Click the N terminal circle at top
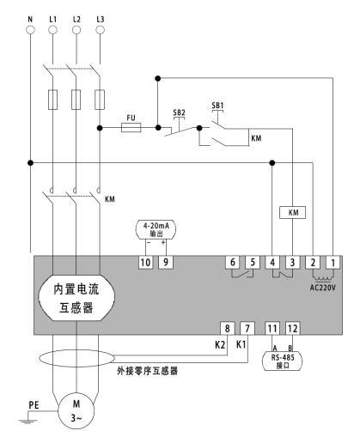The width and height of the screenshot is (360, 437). pyautogui.click(x=30, y=30)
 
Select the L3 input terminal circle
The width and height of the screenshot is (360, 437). pyautogui.click(x=100, y=30)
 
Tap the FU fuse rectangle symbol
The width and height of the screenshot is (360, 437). pyautogui.click(x=131, y=128)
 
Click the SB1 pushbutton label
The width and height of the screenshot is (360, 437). pyautogui.click(x=217, y=106)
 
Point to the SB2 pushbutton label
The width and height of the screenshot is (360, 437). pyautogui.click(x=179, y=112)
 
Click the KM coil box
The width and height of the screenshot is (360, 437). pyautogui.click(x=292, y=212)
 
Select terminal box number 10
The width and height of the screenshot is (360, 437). pyautogui.click(x=145, y=262)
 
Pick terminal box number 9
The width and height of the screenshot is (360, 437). pyautogui.click(x=166, y=262)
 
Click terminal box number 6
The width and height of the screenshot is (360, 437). pyautogui.click(x=233, y=262)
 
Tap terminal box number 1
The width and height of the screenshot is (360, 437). pyautogui.click(x=333, y=262)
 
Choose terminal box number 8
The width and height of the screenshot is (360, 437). pyautogui.click(x=228, y=328)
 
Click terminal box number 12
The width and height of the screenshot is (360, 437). pyautogui.click(x=293, y=328)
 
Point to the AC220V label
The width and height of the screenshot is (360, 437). pyautogui.click(x=323, y=288)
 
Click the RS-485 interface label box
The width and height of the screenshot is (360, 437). pyautogui.click(x=283, y=361)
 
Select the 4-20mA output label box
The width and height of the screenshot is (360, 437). pyautogui.click(x=156, y=229)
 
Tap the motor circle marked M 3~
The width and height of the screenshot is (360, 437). pyautogui.click(x=76, y=410)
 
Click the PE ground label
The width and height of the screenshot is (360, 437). pyautogui.click(x=34, y=405)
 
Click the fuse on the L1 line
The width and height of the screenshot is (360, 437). pyautogui.click(x=52, y=100)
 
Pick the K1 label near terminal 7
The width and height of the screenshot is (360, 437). pyautogui.click(x=241, y=344)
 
